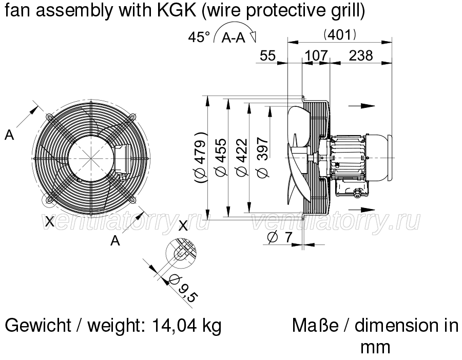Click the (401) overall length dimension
pos(340,35)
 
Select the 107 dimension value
pos(316,55)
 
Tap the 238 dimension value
pos(361,55)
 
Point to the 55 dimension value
pos(268,55)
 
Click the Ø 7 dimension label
pos(280,237)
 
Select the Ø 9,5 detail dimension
pos(183,288)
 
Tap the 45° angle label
pos(199,37)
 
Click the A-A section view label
pos(234,37)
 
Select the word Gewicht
pos(38,326)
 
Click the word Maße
pos(315,326)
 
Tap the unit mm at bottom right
pos(375,347)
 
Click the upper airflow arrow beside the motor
pos(362,106)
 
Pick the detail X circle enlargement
pos(181,253)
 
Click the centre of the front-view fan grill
pos(91,158)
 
